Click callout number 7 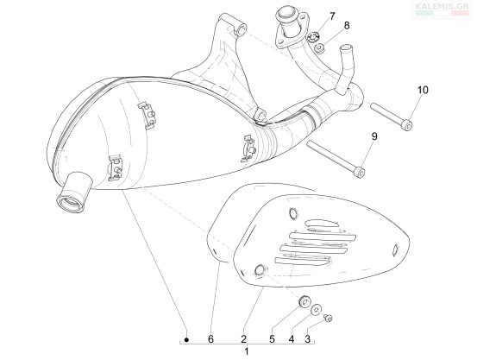click(331, 16)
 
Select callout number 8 click(347, 26)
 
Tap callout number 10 click(423, 90)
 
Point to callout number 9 click(374, 136)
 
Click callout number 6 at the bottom click(210, 339)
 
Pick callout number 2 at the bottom click(243, 339)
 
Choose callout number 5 click(272, 339)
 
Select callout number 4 click(292, 339)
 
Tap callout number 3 click(307, 339)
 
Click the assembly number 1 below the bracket click(247, 351)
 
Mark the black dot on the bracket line click(187, 339)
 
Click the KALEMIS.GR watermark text click(442, 6)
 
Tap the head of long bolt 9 click(360, 173)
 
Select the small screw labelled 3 click(328, 318)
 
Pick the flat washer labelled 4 click(316, 310)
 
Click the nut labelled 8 click(319, 48)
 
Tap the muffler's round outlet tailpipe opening click(71, 202)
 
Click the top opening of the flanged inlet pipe click(286, 14)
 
